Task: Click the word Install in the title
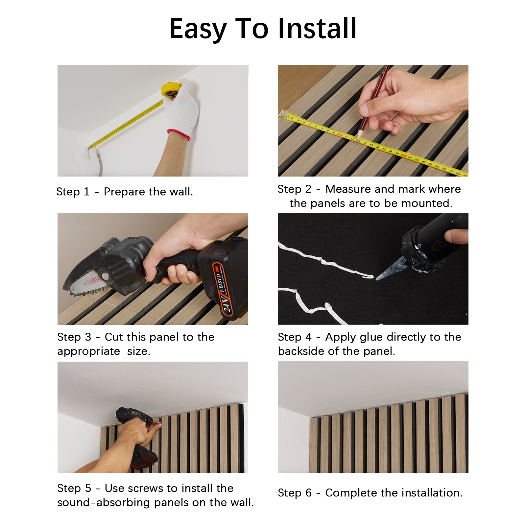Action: pyautogui.click(x=317, y=28)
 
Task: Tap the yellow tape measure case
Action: pyautogui.click(x=171, y=90)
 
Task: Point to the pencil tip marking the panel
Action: pyautogui.click(x=358, y=139)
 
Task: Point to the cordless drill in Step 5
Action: pyautogui.click(x=138, y=434)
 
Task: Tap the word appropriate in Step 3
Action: pyautogui.click(x=89, y=351)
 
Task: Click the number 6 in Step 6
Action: pyautogui.click(x=308, y=493)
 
